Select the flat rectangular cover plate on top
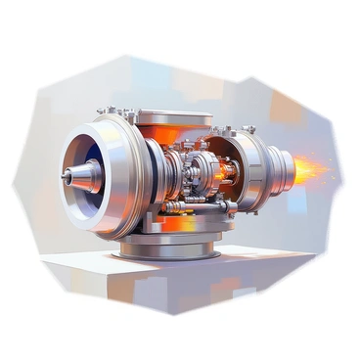coord(174,117)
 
